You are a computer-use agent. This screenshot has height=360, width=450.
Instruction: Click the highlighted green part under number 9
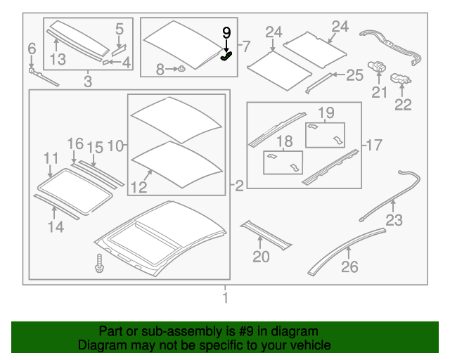point(226,56)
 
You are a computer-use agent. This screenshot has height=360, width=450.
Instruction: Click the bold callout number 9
point(226,33)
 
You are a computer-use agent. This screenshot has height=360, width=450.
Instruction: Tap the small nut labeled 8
point(181,69)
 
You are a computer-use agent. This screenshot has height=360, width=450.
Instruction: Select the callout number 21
point(380,92)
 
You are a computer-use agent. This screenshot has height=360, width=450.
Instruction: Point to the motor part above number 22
point(401,79)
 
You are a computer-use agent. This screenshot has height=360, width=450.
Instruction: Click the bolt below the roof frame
point(99,263)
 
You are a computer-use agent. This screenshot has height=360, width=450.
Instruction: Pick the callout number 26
point(349,266)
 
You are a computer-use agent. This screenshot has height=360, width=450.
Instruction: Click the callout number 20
point(261,257)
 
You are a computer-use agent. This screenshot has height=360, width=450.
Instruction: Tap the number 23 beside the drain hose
point(394,220)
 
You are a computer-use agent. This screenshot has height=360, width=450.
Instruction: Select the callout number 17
point(375,145)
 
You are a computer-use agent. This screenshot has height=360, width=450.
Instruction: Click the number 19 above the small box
point(326,112)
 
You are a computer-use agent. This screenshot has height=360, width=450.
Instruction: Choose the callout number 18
point(284,141)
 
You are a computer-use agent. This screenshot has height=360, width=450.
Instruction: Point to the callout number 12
point(139,187)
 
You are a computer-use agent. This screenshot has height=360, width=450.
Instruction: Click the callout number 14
point(56,227)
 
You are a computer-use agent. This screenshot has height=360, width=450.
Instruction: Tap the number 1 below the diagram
point(225,297)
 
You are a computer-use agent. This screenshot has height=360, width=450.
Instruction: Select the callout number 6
point(32,49)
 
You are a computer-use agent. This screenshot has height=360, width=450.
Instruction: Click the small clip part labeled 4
point(105,62)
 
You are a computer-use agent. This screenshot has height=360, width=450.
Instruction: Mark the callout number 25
point(355,75)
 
